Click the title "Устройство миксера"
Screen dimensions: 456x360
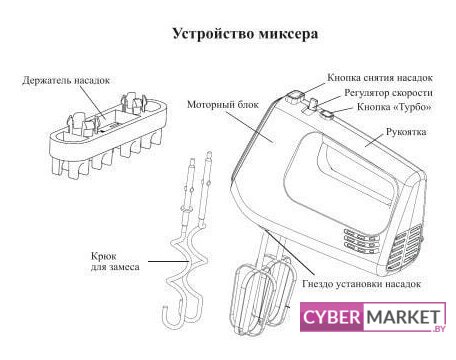tap(245, 34)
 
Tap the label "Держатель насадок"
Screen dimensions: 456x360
tap(66, 80)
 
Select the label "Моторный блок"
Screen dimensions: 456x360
tap(223, 104)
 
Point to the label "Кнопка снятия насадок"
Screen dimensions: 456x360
tap(380, 78)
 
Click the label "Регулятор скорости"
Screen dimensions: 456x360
tap(388, 93)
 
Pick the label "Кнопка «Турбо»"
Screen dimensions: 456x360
tap(394, 107)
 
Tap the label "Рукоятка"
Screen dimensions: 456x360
tap(406, 132)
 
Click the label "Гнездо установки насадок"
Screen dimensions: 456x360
tap(362, 284)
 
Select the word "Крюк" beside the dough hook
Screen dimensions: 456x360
tap(104, 257)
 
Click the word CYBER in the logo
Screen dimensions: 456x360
tap(331, 317)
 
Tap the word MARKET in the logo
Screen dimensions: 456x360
tap(402, 317)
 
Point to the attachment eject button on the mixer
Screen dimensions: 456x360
tap(294, 97)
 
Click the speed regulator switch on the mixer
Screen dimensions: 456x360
tap(313, 103)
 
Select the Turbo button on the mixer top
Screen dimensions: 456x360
tap(327, 114)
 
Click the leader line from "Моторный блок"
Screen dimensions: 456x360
tap(249, 127)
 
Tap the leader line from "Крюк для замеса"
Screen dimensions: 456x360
tap(169, 261)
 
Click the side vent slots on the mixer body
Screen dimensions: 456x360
tap(361, 239)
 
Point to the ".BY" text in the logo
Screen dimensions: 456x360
tap(439, 329)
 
